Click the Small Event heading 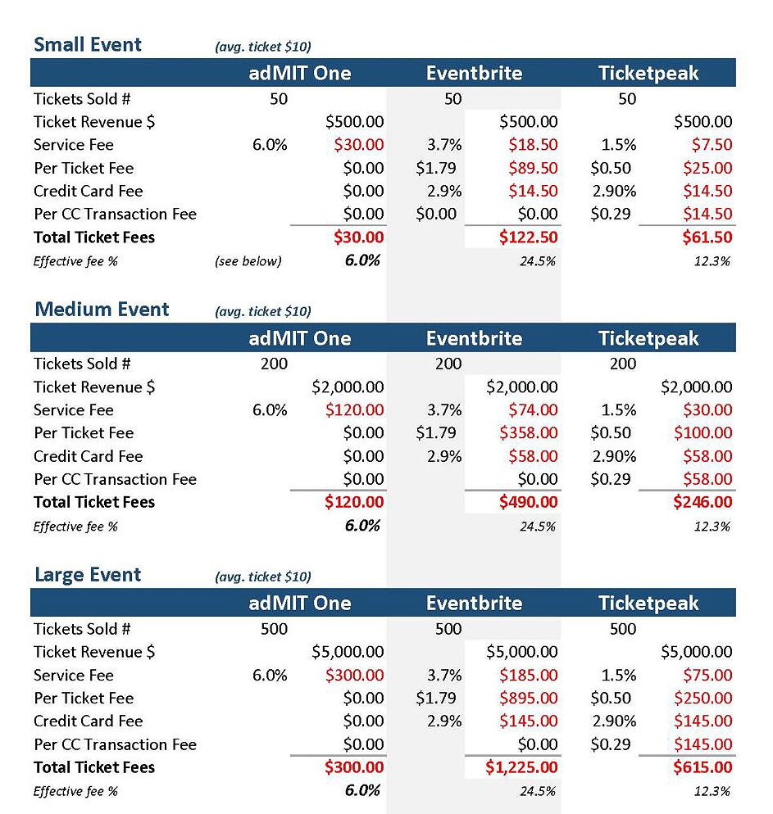87,45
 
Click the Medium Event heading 102,310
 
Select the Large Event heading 87,575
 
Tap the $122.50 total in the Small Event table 528,237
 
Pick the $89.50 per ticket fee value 533,168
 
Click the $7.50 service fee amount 712,145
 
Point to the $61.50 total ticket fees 707,237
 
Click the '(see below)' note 248,261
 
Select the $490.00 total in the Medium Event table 528,502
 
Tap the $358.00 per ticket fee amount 528,433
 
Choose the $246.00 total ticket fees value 703,502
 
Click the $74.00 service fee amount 533,410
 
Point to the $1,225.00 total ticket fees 521,767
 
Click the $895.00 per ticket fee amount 528,699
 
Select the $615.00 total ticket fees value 703,767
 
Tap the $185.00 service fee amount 528,676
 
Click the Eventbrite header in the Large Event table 474,604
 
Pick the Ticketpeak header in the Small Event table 648,73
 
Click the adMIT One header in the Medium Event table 300,338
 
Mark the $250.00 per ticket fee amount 703,699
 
